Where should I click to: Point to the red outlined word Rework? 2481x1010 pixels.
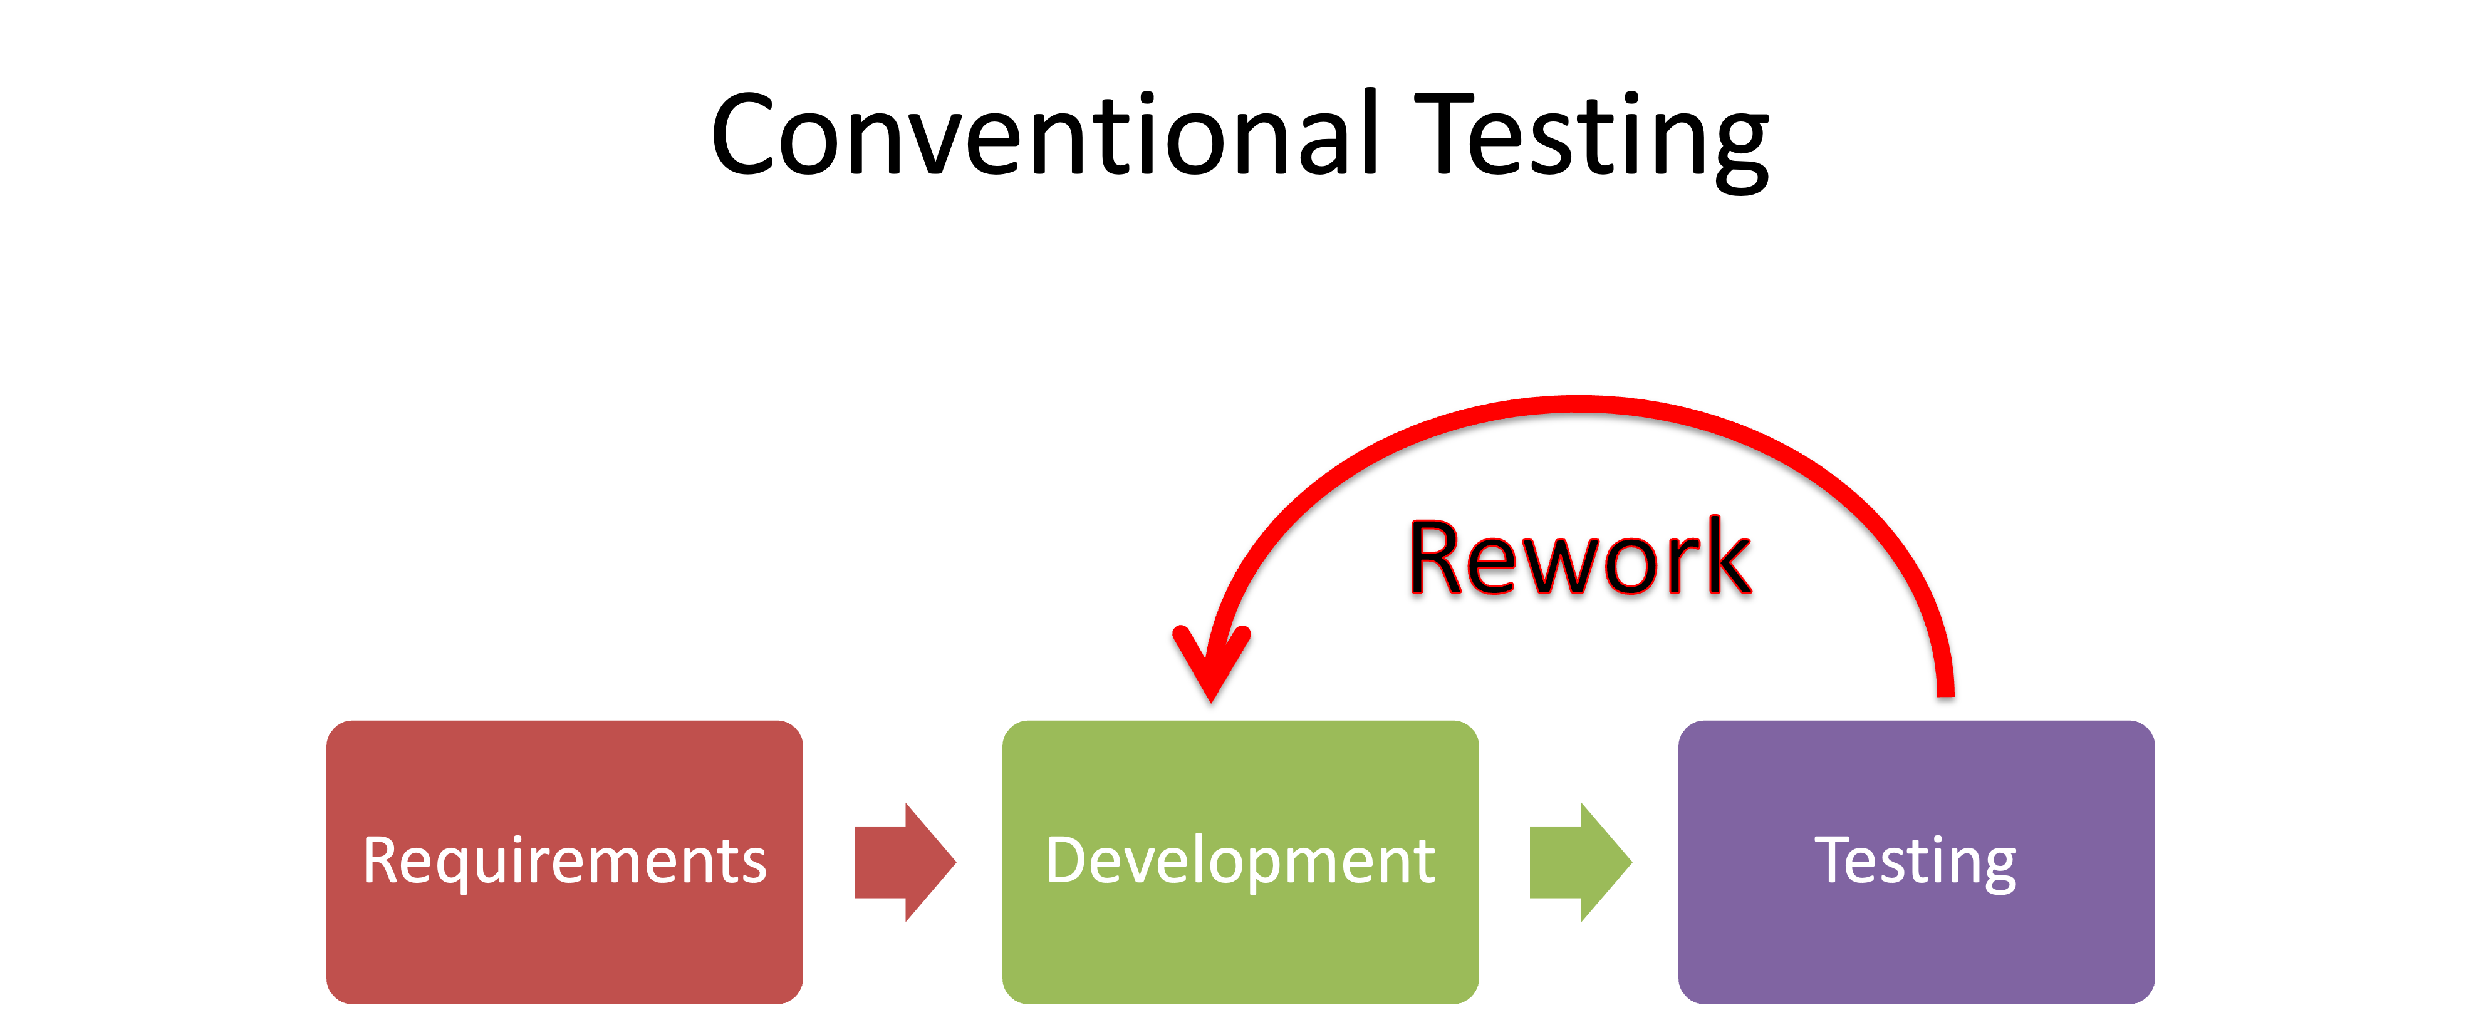click(1579, 559)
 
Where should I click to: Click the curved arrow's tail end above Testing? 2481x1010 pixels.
click(1945, 688)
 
